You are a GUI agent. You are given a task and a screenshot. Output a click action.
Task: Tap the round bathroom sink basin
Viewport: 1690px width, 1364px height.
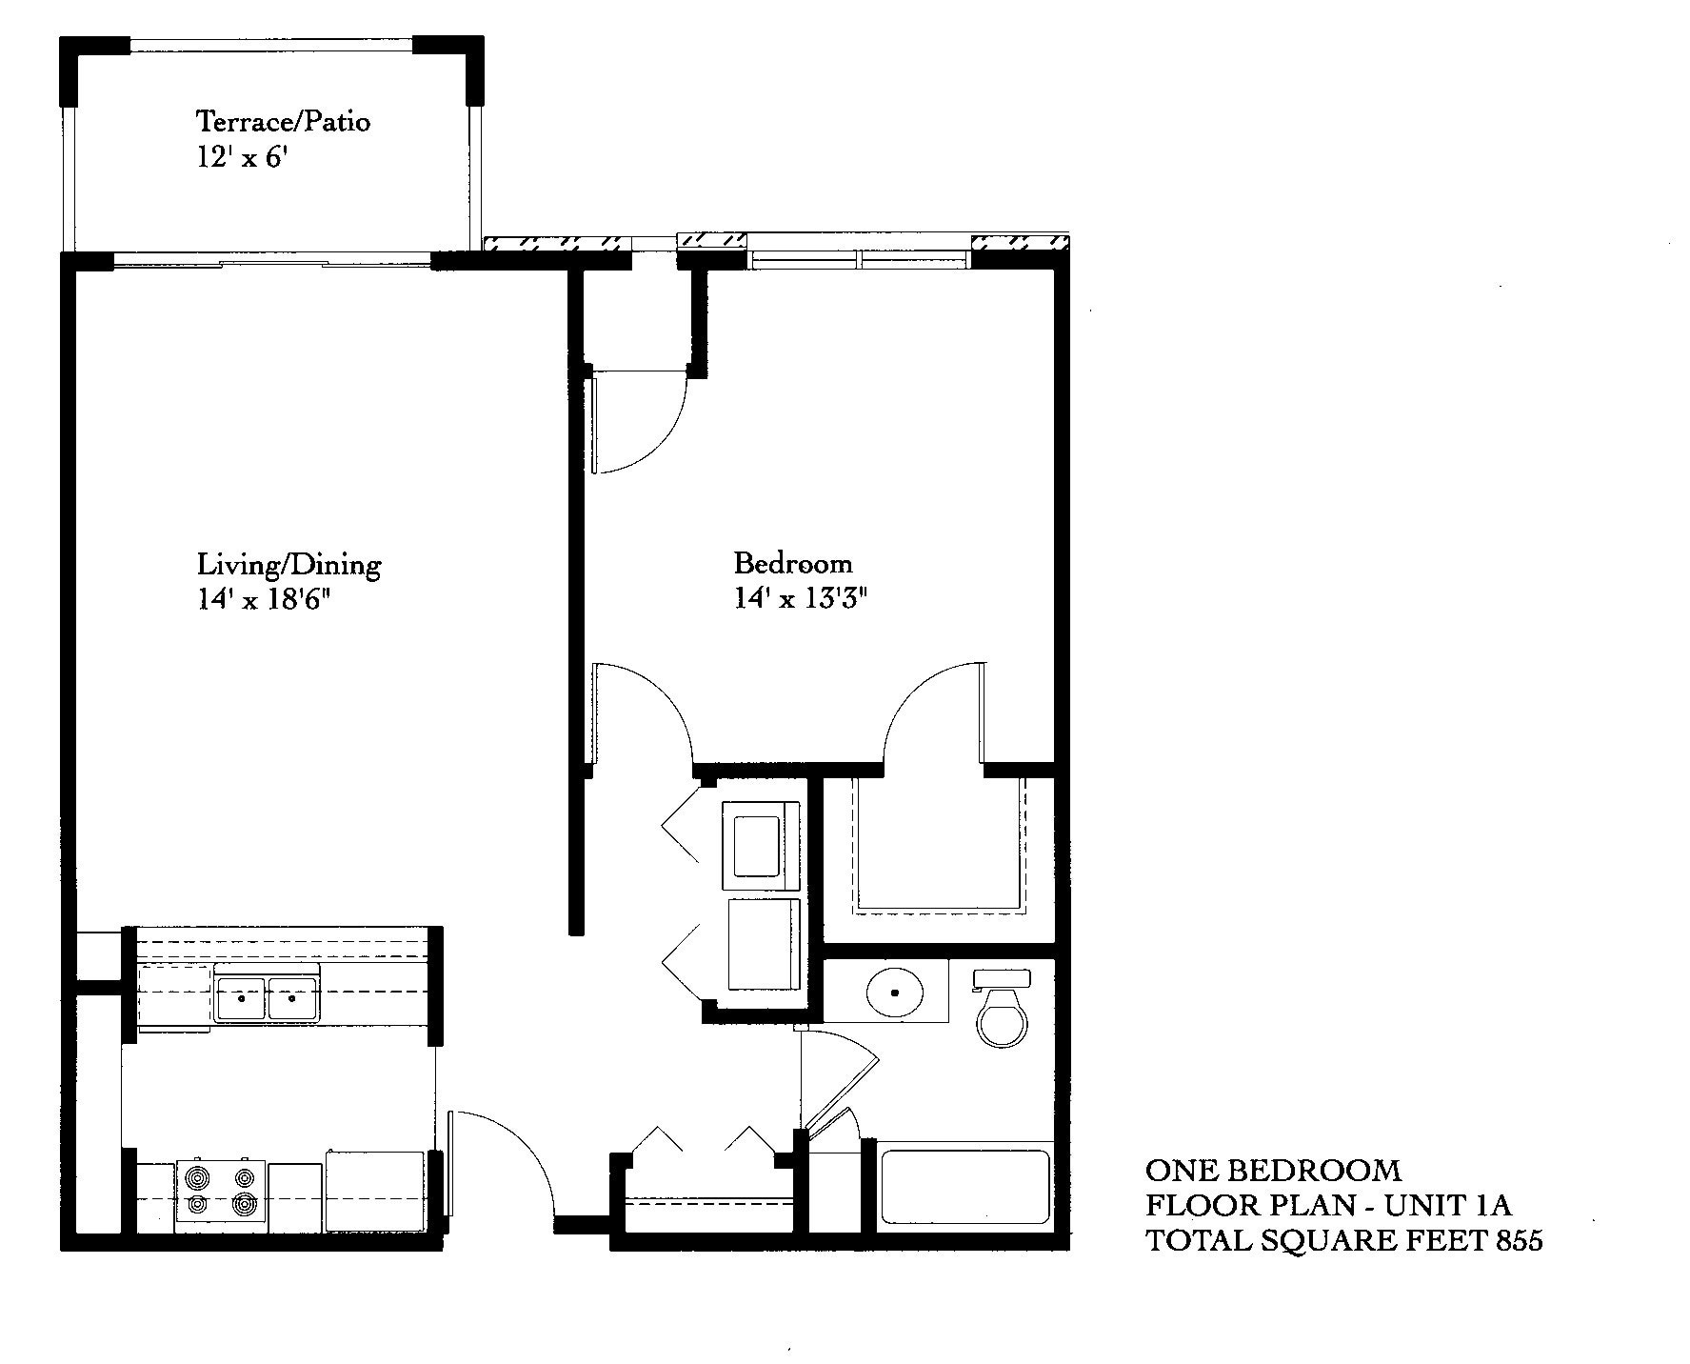pos(895,992)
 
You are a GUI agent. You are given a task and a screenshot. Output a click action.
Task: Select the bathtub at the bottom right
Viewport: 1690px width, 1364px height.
pos(964,1187)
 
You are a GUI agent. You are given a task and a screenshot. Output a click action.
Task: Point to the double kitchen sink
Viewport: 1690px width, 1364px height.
pos(267,999)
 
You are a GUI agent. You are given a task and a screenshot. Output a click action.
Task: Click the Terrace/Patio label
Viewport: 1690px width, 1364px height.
pos(283,122)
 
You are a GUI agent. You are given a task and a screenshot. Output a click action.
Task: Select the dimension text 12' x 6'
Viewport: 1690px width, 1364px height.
pos(242,157)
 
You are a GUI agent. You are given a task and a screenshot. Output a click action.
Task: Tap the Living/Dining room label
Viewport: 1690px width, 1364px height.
pos(288,565)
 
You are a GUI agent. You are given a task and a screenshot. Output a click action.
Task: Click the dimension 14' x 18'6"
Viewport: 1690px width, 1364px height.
pos(269,600)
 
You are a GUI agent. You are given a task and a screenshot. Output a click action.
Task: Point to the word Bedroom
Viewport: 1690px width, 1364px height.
pos(792,563)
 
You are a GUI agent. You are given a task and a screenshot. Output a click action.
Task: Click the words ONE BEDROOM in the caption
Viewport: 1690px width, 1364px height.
pos(1273,1170)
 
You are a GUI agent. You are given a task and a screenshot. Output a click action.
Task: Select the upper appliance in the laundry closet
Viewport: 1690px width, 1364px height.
pos(761,839)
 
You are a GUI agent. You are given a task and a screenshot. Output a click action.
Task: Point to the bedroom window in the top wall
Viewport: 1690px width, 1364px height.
pos(860,259)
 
